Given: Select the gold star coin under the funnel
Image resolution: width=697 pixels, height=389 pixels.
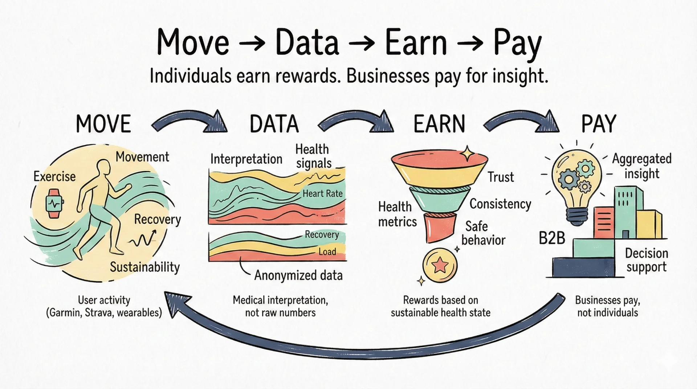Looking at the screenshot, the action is point(440,266).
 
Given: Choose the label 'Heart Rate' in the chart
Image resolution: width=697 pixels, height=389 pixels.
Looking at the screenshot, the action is point(323,193).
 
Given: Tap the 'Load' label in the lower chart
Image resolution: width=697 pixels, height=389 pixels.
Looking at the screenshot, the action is point(327,251).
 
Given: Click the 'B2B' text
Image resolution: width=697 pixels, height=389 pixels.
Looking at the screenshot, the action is point(552,238).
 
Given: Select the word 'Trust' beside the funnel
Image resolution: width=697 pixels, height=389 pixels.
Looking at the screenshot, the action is point(501,177).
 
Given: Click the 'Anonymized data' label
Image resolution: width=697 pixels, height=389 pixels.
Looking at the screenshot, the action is point(298,275).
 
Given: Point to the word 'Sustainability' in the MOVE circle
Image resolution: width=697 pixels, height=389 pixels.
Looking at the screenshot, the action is point(145,267).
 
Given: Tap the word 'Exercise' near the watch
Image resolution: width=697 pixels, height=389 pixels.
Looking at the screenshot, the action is point(54,176).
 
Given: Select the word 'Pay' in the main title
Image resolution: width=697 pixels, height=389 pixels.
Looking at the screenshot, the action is point(517,44).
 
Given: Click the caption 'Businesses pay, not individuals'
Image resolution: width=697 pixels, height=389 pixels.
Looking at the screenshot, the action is point(608,306).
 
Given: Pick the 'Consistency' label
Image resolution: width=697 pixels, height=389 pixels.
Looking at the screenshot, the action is point(500,204).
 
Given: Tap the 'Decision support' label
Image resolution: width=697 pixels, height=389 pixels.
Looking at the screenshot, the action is point(647,260).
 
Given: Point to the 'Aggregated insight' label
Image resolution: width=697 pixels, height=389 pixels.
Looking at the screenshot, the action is point(642,166).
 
